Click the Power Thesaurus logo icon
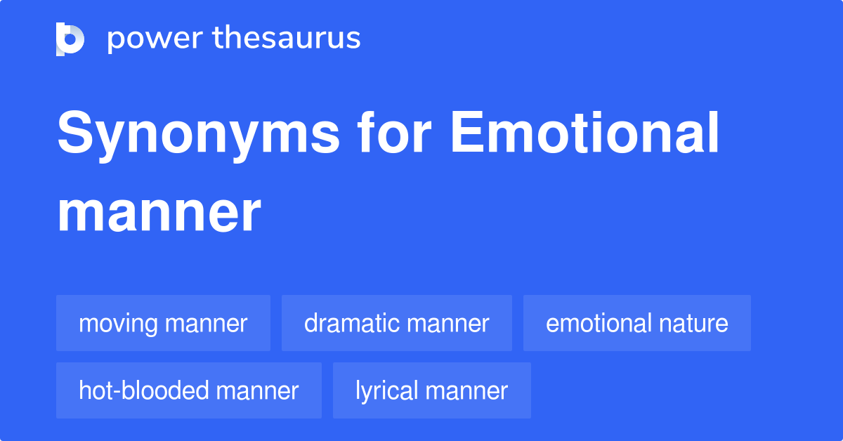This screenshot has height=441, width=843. point(70,39)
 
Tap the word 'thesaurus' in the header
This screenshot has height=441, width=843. point(287,39)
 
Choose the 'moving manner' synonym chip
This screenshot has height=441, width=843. point(163,323)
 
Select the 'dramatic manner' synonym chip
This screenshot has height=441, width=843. point(396,323)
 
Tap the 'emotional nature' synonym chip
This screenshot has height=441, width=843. point(636,323)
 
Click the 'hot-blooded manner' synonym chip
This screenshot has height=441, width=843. point(188,390)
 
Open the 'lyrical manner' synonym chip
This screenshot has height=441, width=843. point(431,390)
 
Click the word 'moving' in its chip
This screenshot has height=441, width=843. point(118,324)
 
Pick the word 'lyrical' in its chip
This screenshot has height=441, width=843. point(388,391)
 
